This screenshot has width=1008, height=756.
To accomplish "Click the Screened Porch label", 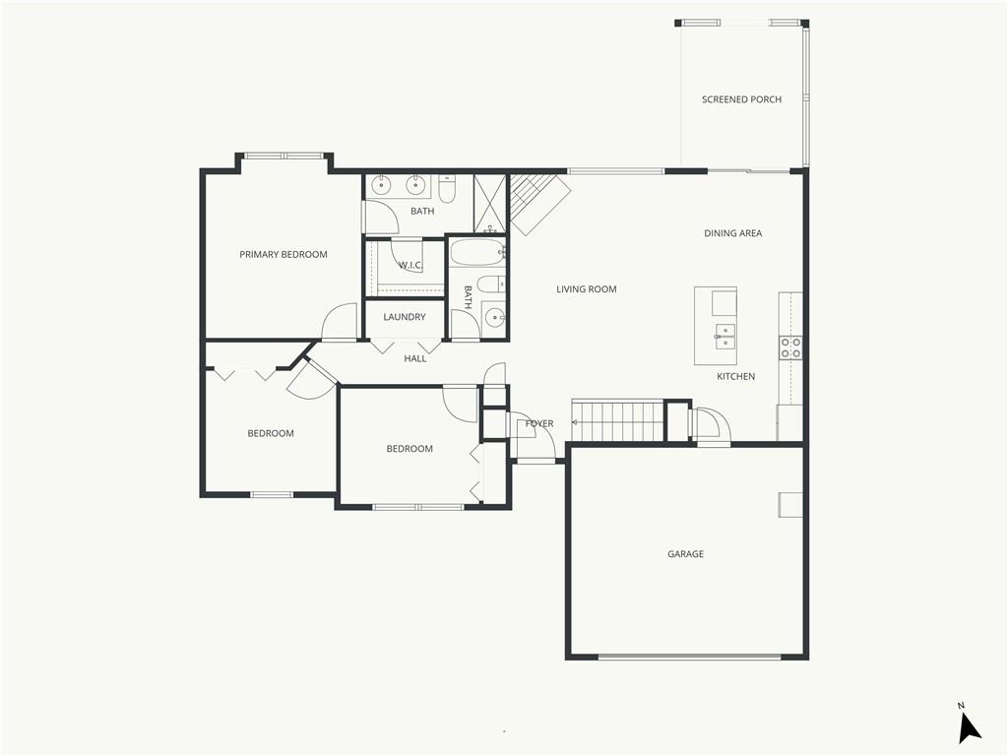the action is coord(741,99).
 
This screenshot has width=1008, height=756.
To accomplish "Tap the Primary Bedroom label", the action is coord(283,255).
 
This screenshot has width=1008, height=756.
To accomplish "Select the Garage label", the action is coord(685,554).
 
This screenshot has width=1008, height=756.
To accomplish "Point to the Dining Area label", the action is coord(732,233).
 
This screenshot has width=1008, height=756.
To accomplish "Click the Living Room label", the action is coord(587,289).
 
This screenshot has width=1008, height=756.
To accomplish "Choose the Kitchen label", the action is coord(735,376).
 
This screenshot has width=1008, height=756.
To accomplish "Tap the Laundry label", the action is coord(405,317).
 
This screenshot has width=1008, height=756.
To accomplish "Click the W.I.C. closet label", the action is coord(410,265).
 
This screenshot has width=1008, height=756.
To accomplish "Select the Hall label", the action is coord(415,358).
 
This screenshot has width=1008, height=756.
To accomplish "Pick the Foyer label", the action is coord(539,423).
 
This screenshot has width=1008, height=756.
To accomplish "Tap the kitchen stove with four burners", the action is coord(790,347).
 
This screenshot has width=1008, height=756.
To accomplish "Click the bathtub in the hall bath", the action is coord(477,253).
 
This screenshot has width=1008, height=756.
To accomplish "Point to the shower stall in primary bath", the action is coord(491,203).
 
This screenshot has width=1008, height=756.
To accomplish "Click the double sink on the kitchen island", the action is coord(725,337).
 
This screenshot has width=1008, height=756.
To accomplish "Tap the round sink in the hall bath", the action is coord(494,317).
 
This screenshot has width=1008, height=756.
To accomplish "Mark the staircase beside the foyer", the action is coord(617,420).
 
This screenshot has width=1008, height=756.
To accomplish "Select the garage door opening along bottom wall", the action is coord(690,657).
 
